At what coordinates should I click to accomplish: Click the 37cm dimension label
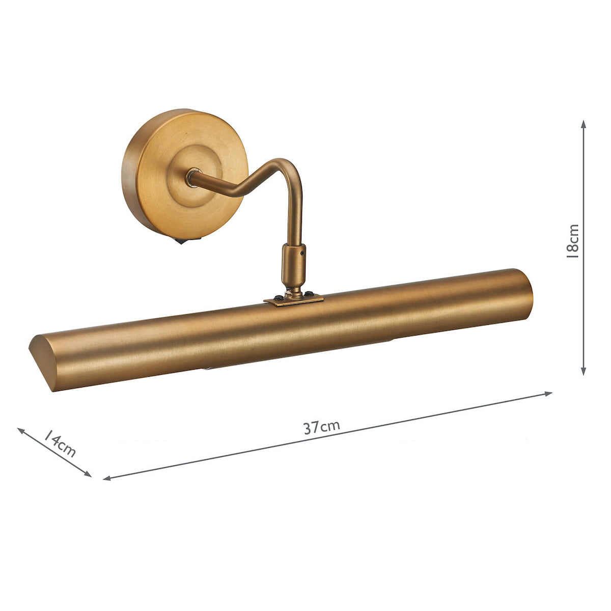322,427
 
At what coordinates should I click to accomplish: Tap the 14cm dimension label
60,443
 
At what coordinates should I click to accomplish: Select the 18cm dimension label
573,241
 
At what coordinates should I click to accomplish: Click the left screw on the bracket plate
278,298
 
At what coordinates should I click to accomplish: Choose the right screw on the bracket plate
308,294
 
